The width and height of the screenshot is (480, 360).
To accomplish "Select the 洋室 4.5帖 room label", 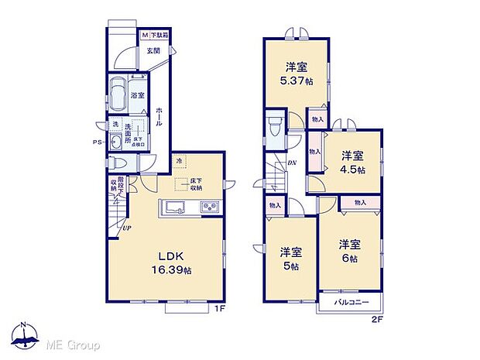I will (351, 162).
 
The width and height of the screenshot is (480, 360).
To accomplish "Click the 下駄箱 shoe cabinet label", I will (159, 35).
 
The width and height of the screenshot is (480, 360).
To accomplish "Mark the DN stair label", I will (291, 163).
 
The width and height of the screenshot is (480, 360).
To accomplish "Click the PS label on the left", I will (98, 142).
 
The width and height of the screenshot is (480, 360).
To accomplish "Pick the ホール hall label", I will (158, 117).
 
